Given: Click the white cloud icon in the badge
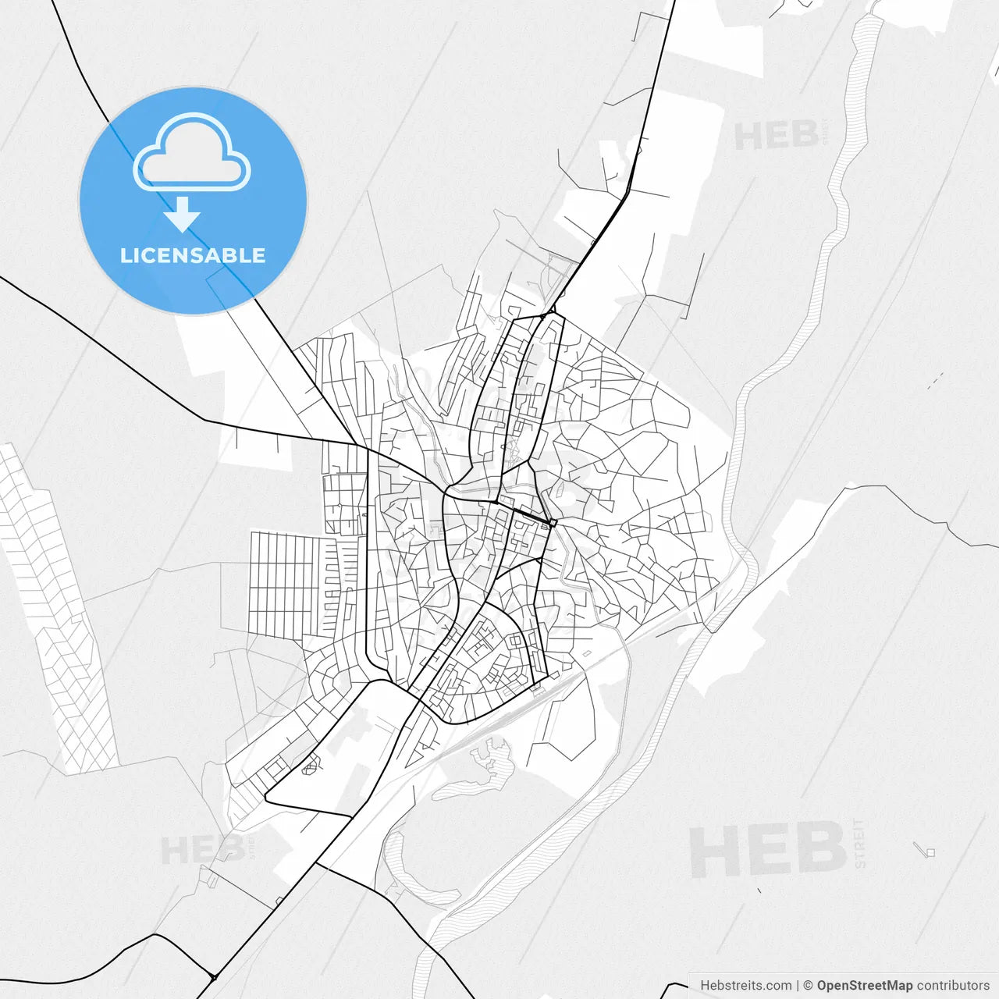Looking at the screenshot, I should (192, 153).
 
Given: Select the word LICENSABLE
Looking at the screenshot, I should (193, 255).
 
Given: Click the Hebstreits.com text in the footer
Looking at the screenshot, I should (745, 986).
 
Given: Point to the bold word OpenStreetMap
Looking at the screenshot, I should (864, 986).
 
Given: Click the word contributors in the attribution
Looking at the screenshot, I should (953, 986).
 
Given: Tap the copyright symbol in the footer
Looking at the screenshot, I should (808, 986).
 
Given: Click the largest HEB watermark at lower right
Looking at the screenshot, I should (768, 850).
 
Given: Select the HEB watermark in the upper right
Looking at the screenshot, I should (776, 137).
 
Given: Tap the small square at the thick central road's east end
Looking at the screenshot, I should (553, 523).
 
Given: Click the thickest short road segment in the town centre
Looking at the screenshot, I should (535, 517).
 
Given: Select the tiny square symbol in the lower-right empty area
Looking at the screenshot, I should (930, 852).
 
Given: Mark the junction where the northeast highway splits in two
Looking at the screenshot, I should (551, 312).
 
